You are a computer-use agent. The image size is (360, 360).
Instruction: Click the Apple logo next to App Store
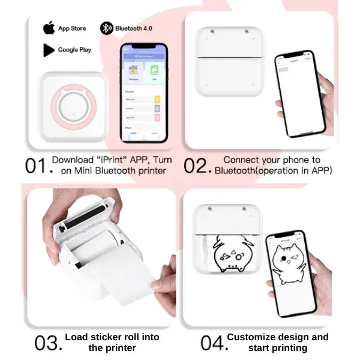point(48,28)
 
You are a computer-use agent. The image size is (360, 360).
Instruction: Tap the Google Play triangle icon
point(48,50)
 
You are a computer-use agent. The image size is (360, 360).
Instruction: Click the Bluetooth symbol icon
point(106,28)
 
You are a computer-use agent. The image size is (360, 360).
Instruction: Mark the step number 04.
point(211,343)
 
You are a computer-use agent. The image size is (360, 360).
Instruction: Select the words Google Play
point(74,50)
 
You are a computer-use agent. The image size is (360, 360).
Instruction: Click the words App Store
point(72,28)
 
